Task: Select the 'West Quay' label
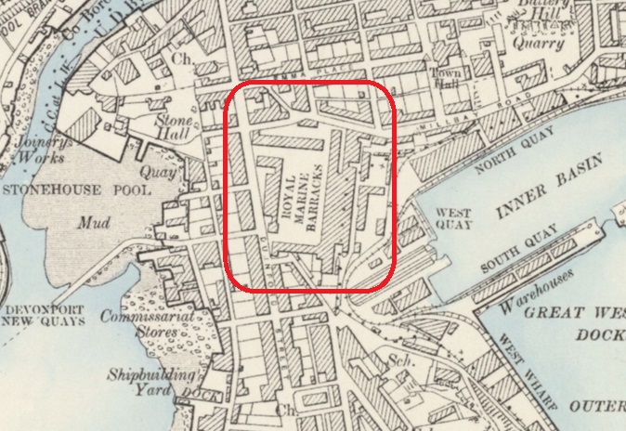click(454, 218)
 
